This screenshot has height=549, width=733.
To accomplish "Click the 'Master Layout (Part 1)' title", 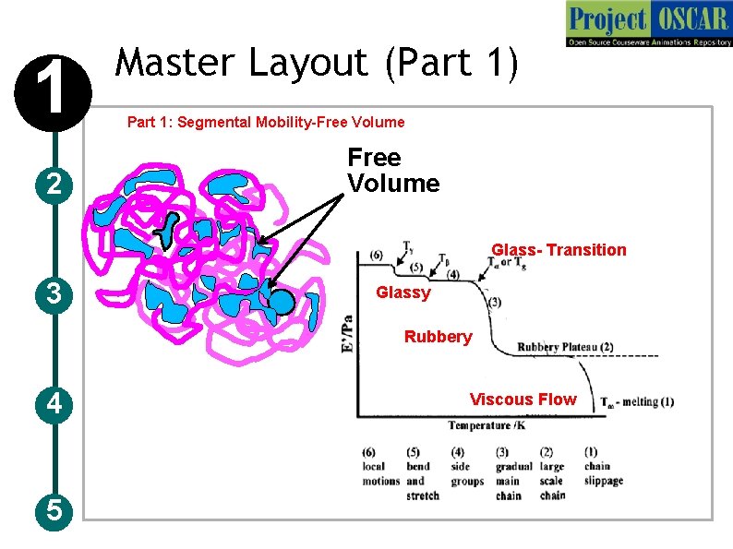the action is tap(317, 64).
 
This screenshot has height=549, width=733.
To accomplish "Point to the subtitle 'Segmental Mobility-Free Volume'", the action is tap(266, 122).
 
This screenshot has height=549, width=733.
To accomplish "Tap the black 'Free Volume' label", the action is tap(392, 171).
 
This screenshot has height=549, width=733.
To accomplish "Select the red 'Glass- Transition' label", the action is tap(559, 250).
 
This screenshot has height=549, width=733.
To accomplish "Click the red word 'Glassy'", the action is tap(403, 293).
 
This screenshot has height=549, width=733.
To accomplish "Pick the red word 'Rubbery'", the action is tap(438, 337).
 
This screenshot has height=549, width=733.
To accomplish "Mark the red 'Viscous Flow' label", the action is tap(523, 400).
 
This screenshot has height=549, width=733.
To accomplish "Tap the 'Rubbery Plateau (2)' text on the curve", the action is tap(565, 347).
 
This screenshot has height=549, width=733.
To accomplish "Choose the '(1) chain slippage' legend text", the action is tap(603, 467).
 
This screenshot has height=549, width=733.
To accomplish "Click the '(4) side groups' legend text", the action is tap(466, 467).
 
